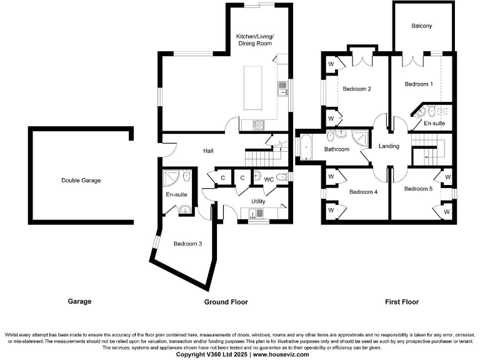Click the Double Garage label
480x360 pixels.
pyautogui.click(x=81, y=181)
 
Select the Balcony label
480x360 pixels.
pyautogui.click(x=422, y=26)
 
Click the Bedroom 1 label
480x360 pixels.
pyautogui.click(x=417, y=84)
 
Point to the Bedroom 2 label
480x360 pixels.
pyautogui.click(x=357, y=89)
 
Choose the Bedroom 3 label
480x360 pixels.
pyautogui.click(x=187, y=244)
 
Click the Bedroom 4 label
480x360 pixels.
pyautogui.click(x=363, y=192)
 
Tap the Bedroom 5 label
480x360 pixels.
pyautogui.click(x=417, y=189)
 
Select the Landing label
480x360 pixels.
pyautogui.click(x=389, y=146)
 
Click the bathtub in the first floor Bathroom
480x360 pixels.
pyautogui.click(x=306, y=147)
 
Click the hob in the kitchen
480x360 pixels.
pyautogui.click(x=259, y=125)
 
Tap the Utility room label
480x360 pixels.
pyautogui.click(x=258, y=201)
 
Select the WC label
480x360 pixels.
pyautogui.click(x=269, y=179)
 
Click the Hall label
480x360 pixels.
pyautogui.click(x=208, y=151)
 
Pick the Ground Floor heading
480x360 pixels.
pyautogui.click(x=226, y=302)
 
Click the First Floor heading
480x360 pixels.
pyautogui.click(x=402, y=302)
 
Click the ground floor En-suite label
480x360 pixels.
pyautogui.click(x=176, y=194)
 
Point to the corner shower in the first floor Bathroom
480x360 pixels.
pyautogui.click(x=360, y=137)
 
